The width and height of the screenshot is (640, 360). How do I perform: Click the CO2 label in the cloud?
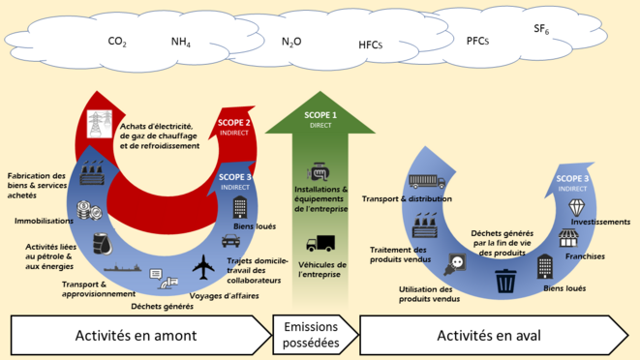coord(117,43)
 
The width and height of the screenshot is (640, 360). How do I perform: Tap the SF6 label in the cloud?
coord(540,31)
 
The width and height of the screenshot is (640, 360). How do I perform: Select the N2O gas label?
coord(291,43)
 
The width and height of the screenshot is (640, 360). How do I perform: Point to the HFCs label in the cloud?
coord(370,45)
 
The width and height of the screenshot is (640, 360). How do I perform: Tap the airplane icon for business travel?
coord(205,266)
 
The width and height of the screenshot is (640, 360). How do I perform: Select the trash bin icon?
coord(505,282)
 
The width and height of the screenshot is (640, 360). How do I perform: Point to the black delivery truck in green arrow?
coord(320,245)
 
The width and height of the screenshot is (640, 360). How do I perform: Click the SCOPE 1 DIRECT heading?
coord(320,119)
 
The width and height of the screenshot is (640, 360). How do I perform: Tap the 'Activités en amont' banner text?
coord(136,336)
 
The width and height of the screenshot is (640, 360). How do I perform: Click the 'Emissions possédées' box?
coord(310,336)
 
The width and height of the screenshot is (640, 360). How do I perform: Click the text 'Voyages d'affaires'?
coord(225,295)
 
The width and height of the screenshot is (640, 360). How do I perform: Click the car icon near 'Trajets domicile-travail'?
coord(230,241)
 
